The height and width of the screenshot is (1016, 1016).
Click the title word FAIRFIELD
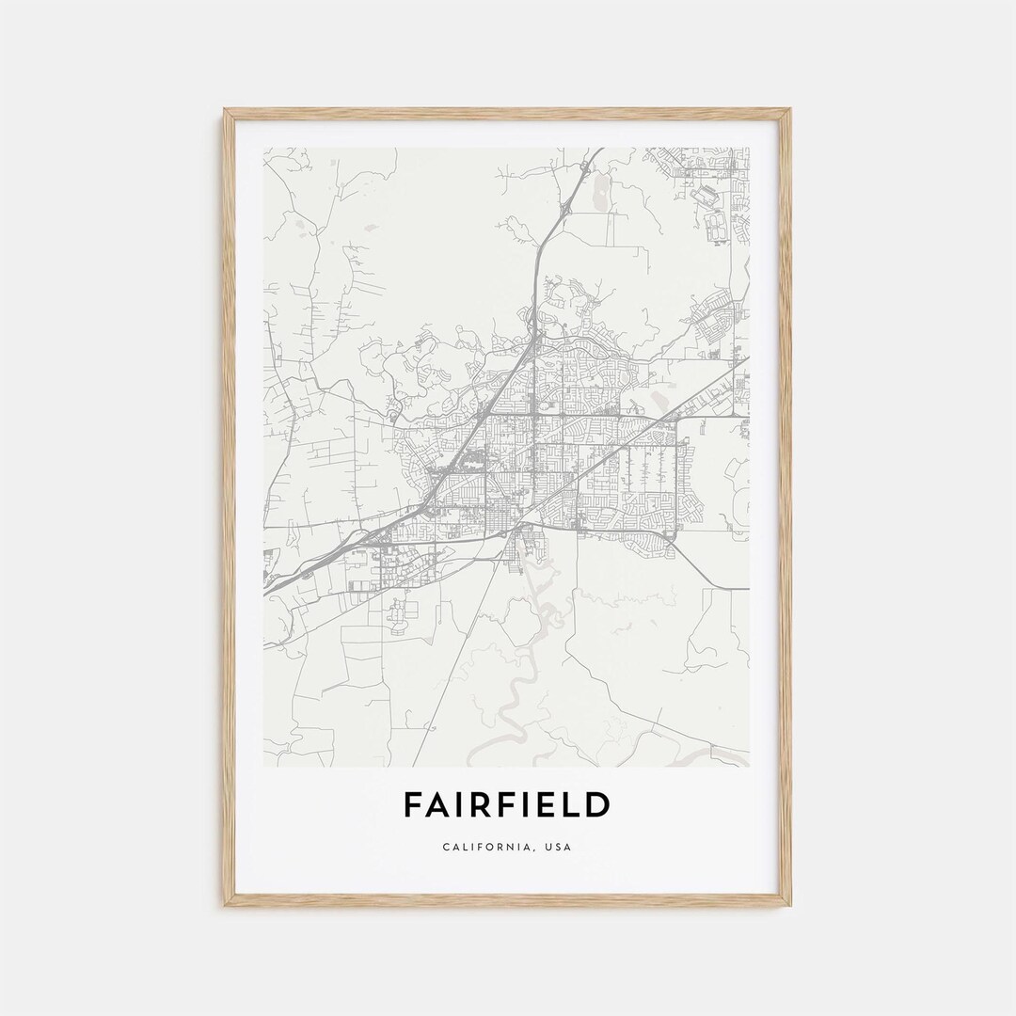[x=507, y=805]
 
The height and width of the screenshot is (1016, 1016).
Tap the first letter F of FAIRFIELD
[x=412, y=805]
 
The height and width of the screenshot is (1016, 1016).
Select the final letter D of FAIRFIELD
[x=599, y=805]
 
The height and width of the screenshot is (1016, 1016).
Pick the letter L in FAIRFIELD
[x=575, y=805]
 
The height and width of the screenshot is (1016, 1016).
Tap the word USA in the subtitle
[x=557, y=847]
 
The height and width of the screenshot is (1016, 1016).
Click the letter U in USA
[x=547, y=847]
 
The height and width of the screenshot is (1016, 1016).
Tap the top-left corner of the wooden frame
[x=225, y=110]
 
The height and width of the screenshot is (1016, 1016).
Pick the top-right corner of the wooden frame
[x=790, y=110]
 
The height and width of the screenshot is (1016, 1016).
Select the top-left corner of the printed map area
[x=264, y=148]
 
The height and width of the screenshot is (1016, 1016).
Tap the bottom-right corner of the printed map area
[x=749, y=766]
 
